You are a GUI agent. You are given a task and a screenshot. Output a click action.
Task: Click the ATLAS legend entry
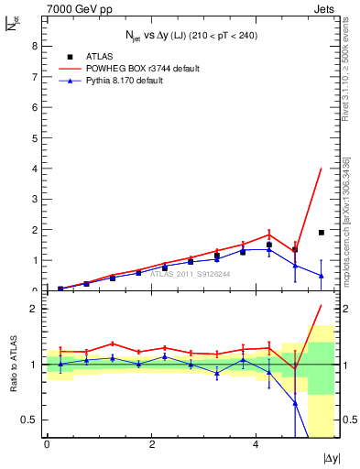[99, 56]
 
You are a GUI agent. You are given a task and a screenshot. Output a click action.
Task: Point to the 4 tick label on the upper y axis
[34, 169]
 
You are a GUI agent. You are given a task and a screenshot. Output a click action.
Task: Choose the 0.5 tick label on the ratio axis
[30, 420]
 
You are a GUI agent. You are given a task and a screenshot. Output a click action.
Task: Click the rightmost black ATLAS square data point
[321, 233]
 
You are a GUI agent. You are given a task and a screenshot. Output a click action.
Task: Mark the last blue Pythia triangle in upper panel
[321, 276]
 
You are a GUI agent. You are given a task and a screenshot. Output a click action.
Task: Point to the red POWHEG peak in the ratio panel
[321, 306]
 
